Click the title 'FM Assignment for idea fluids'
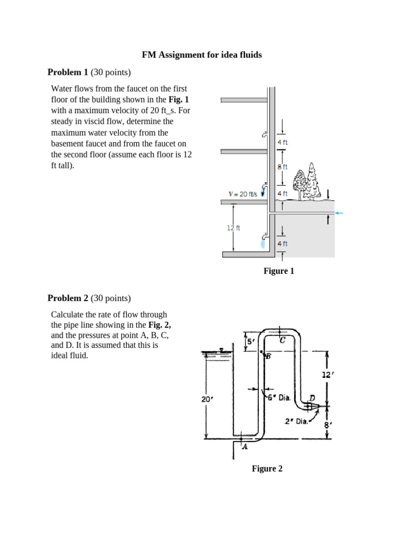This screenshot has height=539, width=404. coord(201,55)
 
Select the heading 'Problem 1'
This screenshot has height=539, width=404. coord(67,72)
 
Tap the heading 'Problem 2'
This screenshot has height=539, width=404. coord(67,298)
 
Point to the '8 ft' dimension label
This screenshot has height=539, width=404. coord(282,167)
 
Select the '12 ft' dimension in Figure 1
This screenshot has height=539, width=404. coord(234,228)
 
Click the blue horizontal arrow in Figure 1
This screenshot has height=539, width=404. coord(339,213)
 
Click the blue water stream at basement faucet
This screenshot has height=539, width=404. coord(263,244)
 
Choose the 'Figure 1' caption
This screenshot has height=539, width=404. coord(278,271)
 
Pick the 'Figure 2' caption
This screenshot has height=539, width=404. coord(267,468)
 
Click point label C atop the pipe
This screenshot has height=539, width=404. coord(282,340)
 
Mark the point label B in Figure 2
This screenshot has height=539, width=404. coord(267,357)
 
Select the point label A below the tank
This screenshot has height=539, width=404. coord(245,447)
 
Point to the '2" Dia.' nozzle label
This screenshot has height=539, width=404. coord(296,421)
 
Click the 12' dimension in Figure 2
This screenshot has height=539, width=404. coord(327,374)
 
